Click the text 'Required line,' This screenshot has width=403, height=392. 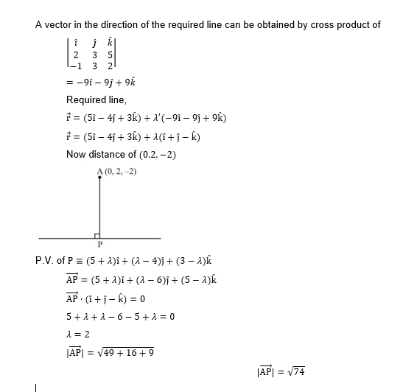97,99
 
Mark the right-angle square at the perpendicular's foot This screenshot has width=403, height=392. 98,234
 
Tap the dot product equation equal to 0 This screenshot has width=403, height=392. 105,298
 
